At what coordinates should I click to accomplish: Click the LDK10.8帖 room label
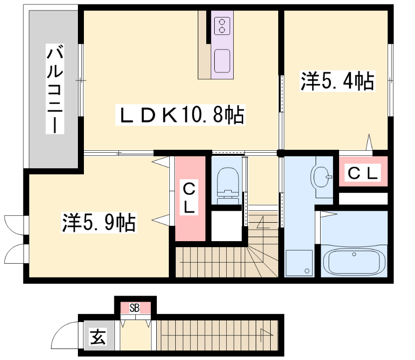click(x=180, y=115)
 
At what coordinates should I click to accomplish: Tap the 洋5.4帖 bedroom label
click(x=338, y=81)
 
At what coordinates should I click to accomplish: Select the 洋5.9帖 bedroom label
click(x=99, y=223)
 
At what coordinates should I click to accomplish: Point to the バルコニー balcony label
click(x=55, y=89)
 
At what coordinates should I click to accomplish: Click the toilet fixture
click(x=228, y=186)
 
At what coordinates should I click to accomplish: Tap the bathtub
click(x=354, y=261)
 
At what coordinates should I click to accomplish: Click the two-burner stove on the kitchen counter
click(x=222, y=25)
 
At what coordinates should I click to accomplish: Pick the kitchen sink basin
click(x=222, y=61)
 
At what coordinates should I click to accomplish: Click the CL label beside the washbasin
click(x=363, y=173)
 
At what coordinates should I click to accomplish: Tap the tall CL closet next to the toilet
click(x=190, y=199)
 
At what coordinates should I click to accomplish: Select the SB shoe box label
click(x=134, y=308)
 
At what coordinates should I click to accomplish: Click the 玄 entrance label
click(x=98, y=337)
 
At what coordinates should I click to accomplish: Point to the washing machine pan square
click(x=299, y=263)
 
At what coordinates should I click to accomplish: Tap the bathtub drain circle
click(x=354, y=254)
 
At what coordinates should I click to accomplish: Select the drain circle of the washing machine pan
click(x=307, y=271)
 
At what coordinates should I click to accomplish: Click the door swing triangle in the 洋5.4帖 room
click(x=369, y=142)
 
